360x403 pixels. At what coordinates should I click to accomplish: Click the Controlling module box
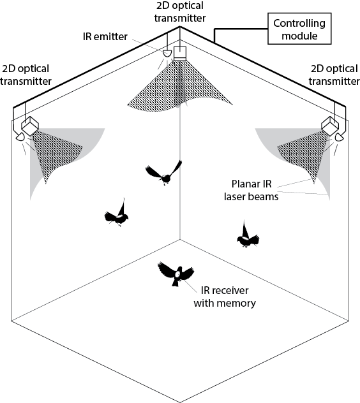point(299,29)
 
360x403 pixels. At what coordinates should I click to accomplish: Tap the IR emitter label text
point(105,36)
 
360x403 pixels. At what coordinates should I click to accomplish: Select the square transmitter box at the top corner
point(180,54)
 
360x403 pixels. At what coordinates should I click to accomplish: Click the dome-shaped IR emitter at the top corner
point(167,53)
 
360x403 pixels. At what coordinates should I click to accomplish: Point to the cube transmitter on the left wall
point(30,126)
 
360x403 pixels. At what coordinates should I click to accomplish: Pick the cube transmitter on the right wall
point(330,126)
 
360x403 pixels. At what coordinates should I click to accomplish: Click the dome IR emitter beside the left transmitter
point(20,136)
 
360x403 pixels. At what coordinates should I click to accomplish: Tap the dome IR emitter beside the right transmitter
point(339,136)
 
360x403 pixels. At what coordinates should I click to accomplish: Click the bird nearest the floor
point(176,274)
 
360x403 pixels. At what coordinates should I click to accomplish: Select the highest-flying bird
point(164,173)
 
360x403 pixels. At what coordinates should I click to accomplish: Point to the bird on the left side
point(117,213)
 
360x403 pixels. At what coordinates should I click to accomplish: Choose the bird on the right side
point(248,235)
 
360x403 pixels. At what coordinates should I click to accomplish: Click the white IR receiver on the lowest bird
point(178,274)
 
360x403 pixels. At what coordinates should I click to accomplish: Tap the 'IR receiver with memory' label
point(225,297)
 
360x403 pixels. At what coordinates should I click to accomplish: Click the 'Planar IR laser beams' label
point(251,190)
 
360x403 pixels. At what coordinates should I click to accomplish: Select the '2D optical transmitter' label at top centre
point(180,11)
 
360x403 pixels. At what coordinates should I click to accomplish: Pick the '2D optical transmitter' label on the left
point(26,75)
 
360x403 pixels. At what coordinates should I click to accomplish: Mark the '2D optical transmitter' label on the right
point(334,75)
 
